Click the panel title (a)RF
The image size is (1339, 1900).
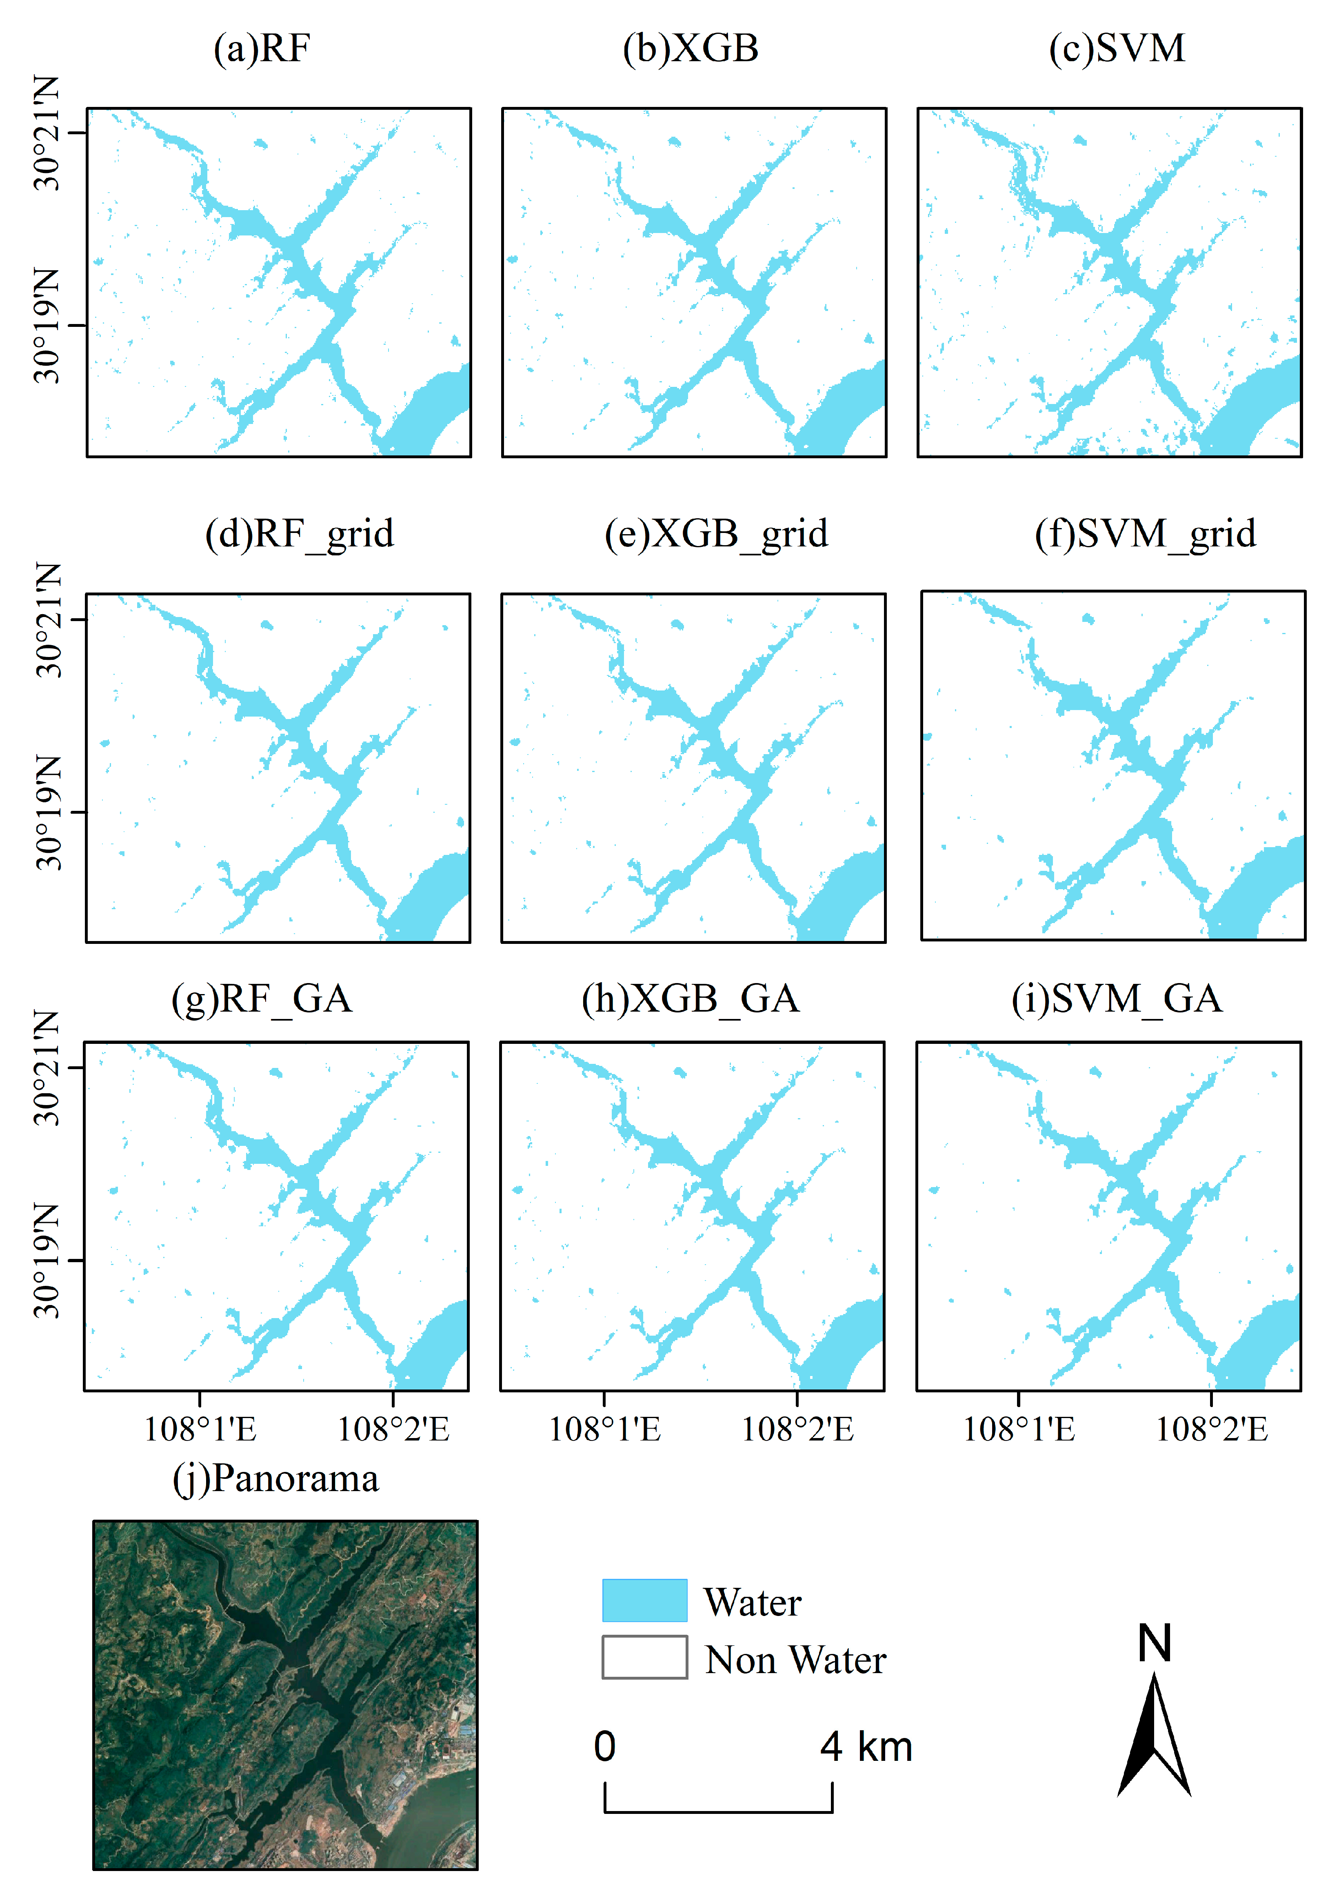pos(262,49)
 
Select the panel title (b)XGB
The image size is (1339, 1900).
pos(690,49)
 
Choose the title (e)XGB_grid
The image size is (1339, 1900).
pos(716,534)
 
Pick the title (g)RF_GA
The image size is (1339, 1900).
pos(262,999)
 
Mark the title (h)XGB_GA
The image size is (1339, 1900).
pos(690,999)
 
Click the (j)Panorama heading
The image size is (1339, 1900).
pos(275,1479)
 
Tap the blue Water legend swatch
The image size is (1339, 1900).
pos(644,1600)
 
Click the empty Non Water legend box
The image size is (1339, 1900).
pos(644,1657)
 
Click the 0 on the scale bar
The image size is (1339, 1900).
pos(605,1747)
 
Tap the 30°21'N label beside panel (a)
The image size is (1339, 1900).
pos(47,133)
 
